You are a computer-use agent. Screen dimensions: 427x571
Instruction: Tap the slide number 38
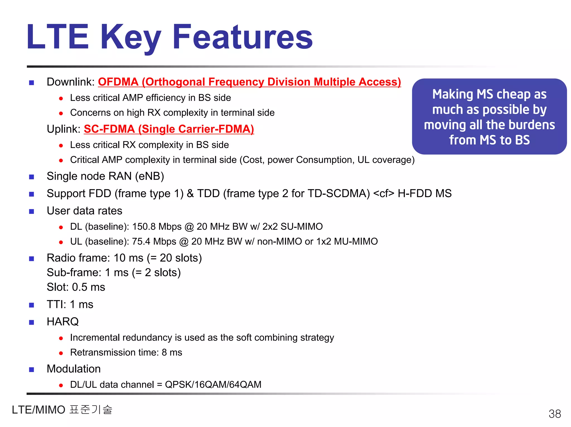click(555, 414)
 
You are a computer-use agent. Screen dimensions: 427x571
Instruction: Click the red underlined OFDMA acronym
click(118, 82)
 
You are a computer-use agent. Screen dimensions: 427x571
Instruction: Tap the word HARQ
click(63, 322)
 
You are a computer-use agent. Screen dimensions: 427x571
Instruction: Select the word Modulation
click(74, 369)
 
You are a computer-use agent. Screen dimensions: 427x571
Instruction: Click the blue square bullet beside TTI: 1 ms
click(32, 305)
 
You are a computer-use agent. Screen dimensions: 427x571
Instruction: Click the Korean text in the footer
click(91, 410)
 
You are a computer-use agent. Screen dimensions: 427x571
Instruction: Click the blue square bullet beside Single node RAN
click(32, 177)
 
